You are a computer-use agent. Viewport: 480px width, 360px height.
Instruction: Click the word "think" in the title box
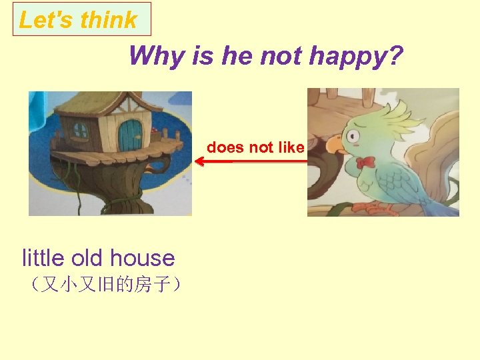109,20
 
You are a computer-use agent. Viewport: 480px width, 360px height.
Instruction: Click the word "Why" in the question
157,56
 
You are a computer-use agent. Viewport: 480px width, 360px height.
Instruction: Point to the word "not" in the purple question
281,56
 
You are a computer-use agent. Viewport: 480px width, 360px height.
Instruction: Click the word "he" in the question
237,56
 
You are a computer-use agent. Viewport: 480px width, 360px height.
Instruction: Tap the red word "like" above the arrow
291,147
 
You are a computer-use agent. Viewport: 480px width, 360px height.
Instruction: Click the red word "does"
223,147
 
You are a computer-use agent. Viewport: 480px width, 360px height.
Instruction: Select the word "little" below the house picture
43,257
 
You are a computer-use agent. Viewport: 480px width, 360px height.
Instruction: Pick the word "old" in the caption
88,257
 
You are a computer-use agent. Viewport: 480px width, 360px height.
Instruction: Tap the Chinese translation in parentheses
103,286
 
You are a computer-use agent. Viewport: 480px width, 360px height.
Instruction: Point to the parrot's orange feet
370,207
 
